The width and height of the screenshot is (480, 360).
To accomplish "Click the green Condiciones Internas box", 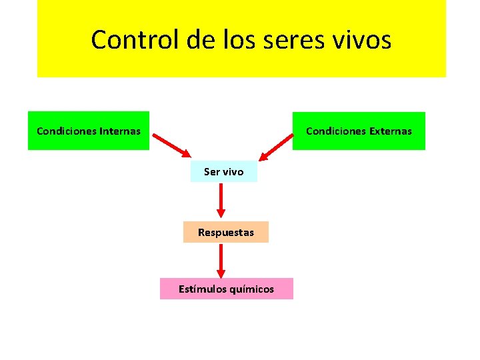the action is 89,131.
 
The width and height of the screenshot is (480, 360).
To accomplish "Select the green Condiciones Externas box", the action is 359,131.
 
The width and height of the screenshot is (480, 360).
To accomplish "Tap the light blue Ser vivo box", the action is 223,171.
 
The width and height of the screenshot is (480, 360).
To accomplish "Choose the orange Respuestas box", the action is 225,232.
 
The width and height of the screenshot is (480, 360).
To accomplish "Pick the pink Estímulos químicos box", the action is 226,289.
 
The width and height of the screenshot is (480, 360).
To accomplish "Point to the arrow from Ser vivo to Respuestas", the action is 221,201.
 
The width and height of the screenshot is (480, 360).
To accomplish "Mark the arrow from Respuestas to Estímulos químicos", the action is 221,260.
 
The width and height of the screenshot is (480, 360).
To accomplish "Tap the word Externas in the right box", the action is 391,131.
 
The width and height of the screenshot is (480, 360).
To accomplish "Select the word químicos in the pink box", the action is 251,289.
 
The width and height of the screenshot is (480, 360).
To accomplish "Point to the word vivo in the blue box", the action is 233,171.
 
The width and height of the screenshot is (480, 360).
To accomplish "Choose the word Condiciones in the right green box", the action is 335,131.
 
